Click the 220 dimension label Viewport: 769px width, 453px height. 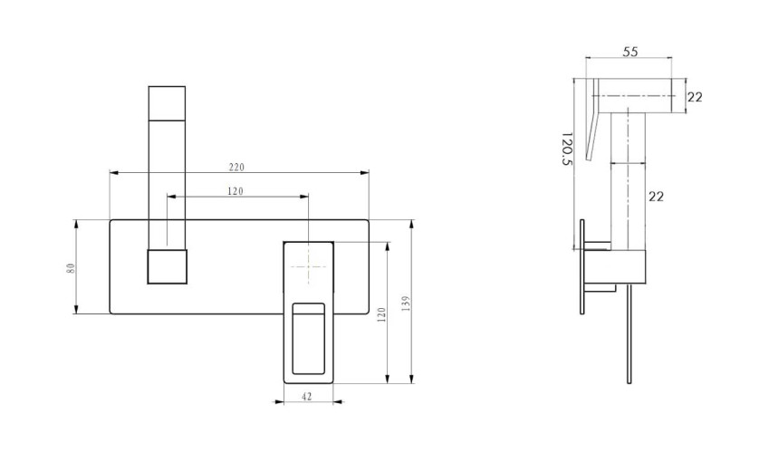point(236,168)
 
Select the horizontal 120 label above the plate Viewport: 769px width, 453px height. point(236,191)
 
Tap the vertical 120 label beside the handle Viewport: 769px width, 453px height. point(382,314)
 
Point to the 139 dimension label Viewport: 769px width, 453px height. point(406,304)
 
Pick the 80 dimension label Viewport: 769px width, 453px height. point(72,268)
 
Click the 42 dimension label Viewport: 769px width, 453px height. point(307,397)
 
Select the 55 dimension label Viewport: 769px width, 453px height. point(630,52)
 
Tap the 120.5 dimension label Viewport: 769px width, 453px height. point(566,149)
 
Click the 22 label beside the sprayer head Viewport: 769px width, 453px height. point(695,97)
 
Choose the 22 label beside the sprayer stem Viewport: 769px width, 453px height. point(656,197)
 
